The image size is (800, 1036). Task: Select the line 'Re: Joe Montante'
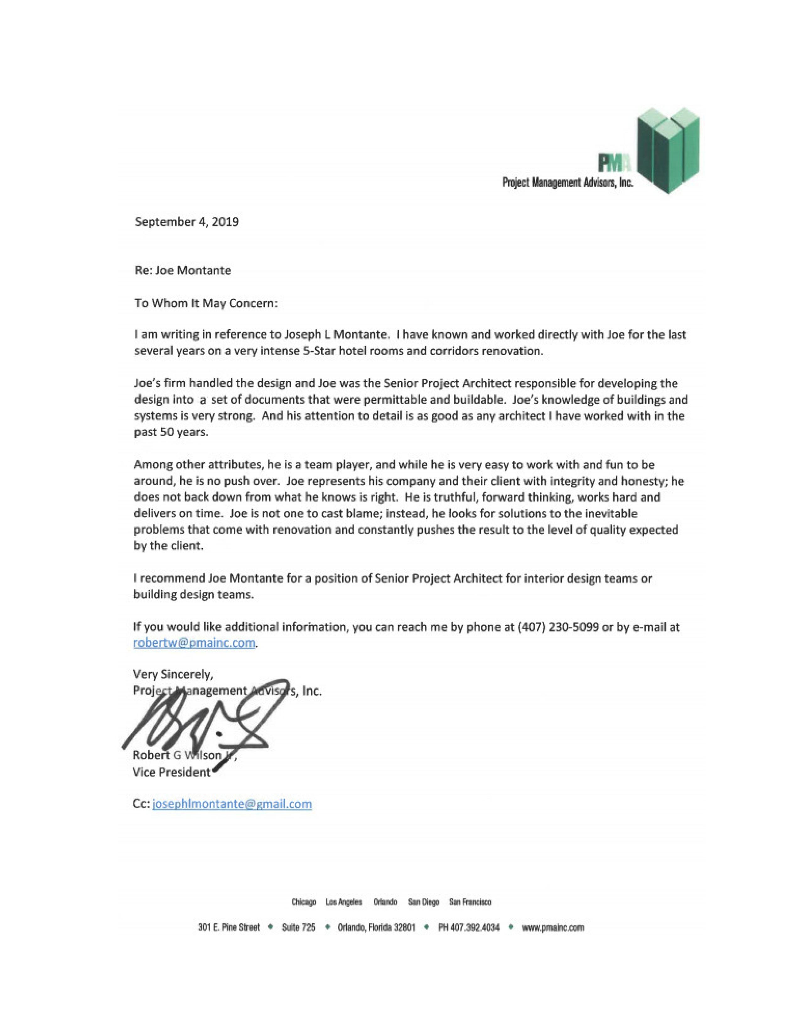pyautogui.click(x=183, y=270)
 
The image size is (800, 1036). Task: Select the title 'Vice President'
pyautogui.click(x=172, y=772)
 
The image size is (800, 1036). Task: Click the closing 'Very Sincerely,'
pyautogui.click(x=173, y=674)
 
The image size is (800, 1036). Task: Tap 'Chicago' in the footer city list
pyautogui.click(x=304, y=902)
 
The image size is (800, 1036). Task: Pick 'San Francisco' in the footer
pyautogui.click(x=470, y=902)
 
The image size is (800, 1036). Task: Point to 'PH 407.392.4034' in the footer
pyautogui.click(x=469, y=927)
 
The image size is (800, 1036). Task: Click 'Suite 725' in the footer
pyautogui.click(x=298, y=927)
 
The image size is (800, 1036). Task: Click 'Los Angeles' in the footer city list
pyautogui.click(x=344, y=902)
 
